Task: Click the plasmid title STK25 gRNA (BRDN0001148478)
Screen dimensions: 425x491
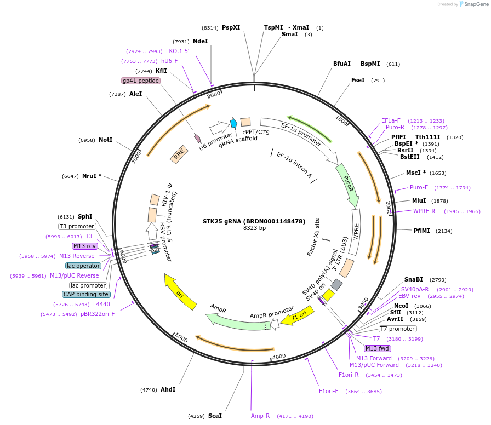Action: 254,221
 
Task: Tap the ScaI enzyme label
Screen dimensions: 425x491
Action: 215,416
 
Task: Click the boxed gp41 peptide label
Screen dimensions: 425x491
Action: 141,81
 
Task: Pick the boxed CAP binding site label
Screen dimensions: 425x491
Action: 86,294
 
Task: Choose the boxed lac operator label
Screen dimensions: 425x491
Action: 83,266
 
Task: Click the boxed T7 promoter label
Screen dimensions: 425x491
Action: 397,329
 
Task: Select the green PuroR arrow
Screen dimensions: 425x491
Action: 347,184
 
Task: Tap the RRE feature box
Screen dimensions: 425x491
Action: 179,156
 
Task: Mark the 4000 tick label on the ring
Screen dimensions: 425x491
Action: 279,357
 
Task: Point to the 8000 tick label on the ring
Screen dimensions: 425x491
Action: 213,94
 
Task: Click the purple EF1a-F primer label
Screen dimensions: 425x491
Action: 391,120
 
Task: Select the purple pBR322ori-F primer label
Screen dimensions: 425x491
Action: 98,314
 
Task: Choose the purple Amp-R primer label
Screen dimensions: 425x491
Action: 260,416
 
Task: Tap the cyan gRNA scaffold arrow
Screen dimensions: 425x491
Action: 233,123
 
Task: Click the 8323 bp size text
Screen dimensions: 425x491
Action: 254,228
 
